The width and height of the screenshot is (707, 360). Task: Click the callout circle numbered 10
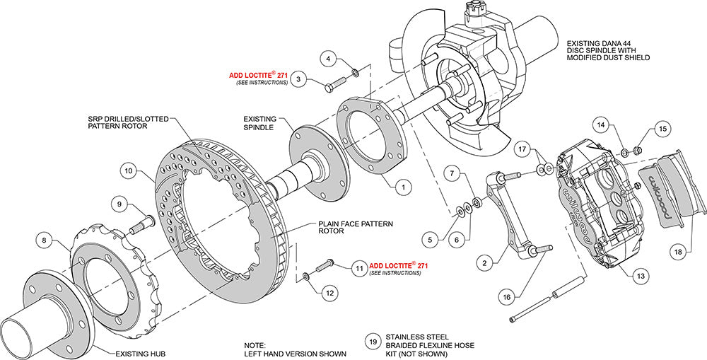click(x=128, y=170)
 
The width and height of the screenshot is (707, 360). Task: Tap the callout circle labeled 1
click(x=402, y=187)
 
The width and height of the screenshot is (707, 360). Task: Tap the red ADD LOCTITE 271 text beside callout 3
click(x=258, y=74)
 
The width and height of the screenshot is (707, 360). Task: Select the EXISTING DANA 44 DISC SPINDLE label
click(x=607, y=50)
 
